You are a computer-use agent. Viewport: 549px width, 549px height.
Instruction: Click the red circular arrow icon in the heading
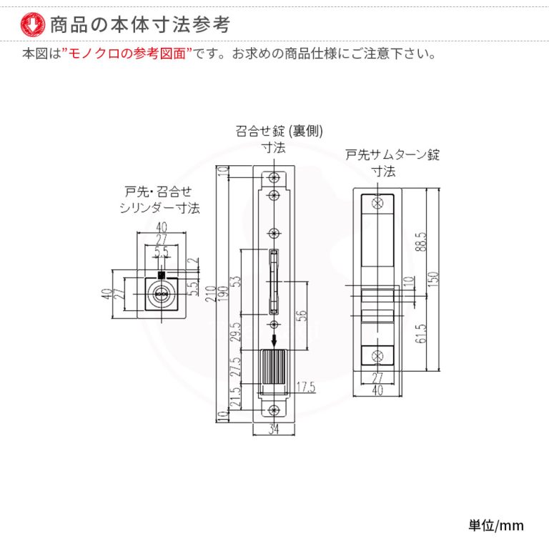(x=33, y=24)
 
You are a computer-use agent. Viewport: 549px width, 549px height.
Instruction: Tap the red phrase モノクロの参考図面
(x=127, y=54)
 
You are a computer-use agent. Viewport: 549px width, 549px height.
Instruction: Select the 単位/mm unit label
(x=496, y=525)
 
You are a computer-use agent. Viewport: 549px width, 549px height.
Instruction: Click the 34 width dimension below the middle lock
(x=274, y=429)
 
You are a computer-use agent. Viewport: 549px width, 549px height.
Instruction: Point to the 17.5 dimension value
(x=306, y=387)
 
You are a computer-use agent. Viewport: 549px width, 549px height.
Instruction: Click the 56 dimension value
(x=302, y=315)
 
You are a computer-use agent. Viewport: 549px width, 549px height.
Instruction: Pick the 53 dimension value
(x=237, y=282)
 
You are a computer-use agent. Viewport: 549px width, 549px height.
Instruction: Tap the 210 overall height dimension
(x=211, y=295)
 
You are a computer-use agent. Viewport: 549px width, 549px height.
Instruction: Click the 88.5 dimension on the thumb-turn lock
(x=422, y=242)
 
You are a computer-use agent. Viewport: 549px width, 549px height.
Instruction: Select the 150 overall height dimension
(x=433, y=279)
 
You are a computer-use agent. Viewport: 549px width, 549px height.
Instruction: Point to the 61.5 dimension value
(x=422, y=333)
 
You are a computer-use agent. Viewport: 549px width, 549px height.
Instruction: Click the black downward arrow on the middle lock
(x=274, y=338)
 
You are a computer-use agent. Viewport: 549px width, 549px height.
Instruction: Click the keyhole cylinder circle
(x=162, y=294)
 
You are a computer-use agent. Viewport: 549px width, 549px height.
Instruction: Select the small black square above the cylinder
(x=162, y=275)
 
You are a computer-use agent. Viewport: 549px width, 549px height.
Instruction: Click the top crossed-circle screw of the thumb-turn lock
(x=377, y=203)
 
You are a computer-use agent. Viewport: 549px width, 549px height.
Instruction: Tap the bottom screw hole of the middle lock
(x=274, y=410)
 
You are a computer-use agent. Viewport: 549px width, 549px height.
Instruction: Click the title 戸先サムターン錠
(x=392, y=154)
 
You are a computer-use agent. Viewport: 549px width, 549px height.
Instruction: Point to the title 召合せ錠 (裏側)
(x=279, y=131)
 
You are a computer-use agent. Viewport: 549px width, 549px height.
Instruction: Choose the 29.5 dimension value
(x=237, y=332)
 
